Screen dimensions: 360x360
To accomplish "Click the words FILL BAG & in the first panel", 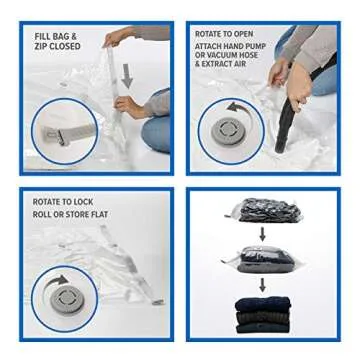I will pyautogui.click(x=54, y=37).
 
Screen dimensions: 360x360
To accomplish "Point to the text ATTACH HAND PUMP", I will pyautogui.click(x=230, y=46).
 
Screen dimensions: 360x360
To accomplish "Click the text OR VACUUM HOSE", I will pyautogui.click(x=227, y=55).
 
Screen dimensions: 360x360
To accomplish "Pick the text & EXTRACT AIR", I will pyautogui.click(x=219, y=64).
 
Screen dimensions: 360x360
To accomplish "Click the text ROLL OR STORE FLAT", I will pyautogui.click(x=70, y=214).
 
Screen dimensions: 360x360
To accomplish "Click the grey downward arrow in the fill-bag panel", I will pyautogui.click(x=127, y=76).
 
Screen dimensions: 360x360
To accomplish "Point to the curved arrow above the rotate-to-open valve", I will pyautogui.click(x=237, y=108).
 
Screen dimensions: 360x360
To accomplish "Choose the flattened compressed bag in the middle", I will pyautogui.click(x=261, y=257).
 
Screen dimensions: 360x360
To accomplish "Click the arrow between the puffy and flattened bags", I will pyautogui.click(x=263, y=233).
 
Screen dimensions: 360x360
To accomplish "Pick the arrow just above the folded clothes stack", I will pyautogui.click(x=263, y=284).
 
